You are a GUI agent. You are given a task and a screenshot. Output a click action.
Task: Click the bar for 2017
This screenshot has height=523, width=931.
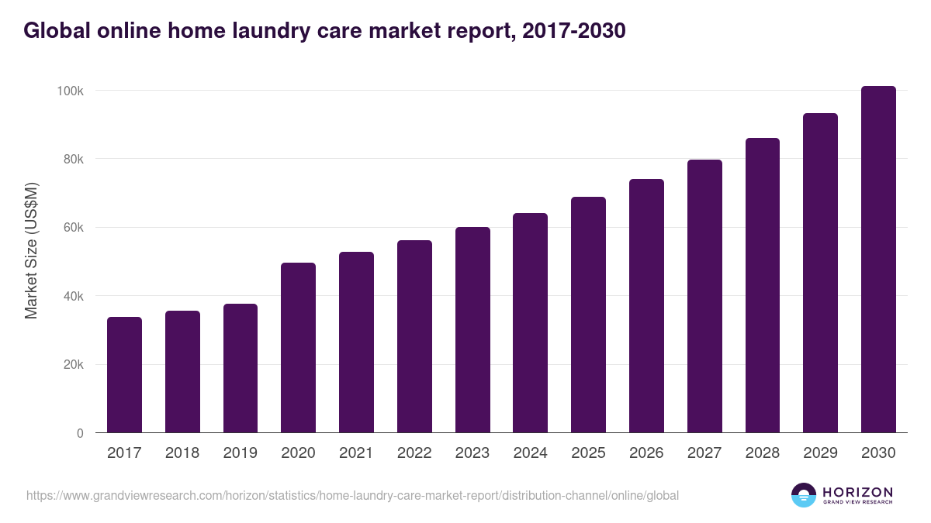pos(124,375)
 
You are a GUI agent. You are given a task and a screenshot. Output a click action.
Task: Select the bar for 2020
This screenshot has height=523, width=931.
pos(298,348)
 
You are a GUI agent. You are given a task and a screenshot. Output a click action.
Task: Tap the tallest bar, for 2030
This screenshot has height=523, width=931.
pos(878,260)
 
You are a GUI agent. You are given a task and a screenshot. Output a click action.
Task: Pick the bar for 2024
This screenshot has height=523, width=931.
pos(530,323)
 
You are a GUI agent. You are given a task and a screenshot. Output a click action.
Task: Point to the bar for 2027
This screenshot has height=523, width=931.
pos(704,296)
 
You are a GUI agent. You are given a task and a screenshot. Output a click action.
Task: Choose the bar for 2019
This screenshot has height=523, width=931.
pos(240,368)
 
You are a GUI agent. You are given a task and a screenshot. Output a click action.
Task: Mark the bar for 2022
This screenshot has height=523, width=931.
pos(414,336)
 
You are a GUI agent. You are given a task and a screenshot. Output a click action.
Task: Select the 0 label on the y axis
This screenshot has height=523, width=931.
pos(80,434)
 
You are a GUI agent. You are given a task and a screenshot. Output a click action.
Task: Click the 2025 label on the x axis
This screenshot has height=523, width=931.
pos(588,453)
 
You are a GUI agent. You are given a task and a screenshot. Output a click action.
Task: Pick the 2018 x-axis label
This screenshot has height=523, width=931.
pos(182,453)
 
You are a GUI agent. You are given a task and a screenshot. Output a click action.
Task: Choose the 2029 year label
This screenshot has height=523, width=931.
pos(820,453)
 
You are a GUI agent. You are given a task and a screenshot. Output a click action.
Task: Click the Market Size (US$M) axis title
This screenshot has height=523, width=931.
pos(31,250)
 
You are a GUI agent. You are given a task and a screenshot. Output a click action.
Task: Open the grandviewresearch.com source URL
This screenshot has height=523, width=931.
pos(352,495)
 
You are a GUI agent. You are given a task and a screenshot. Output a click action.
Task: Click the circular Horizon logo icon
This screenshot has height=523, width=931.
pos(804,495)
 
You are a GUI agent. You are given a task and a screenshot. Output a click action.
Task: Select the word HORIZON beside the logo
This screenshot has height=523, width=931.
pos(857,491)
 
